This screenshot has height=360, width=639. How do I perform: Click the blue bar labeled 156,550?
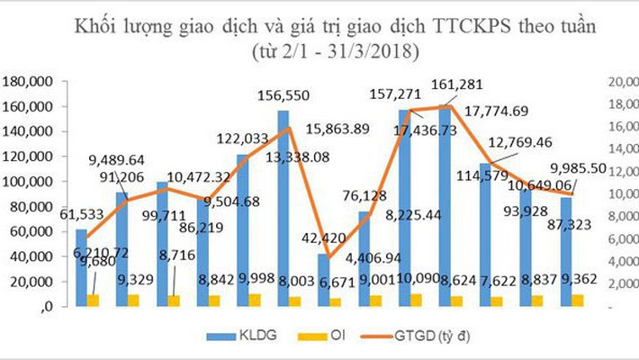[283, 207]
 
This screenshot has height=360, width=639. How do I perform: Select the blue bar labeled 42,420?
[323, 279]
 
